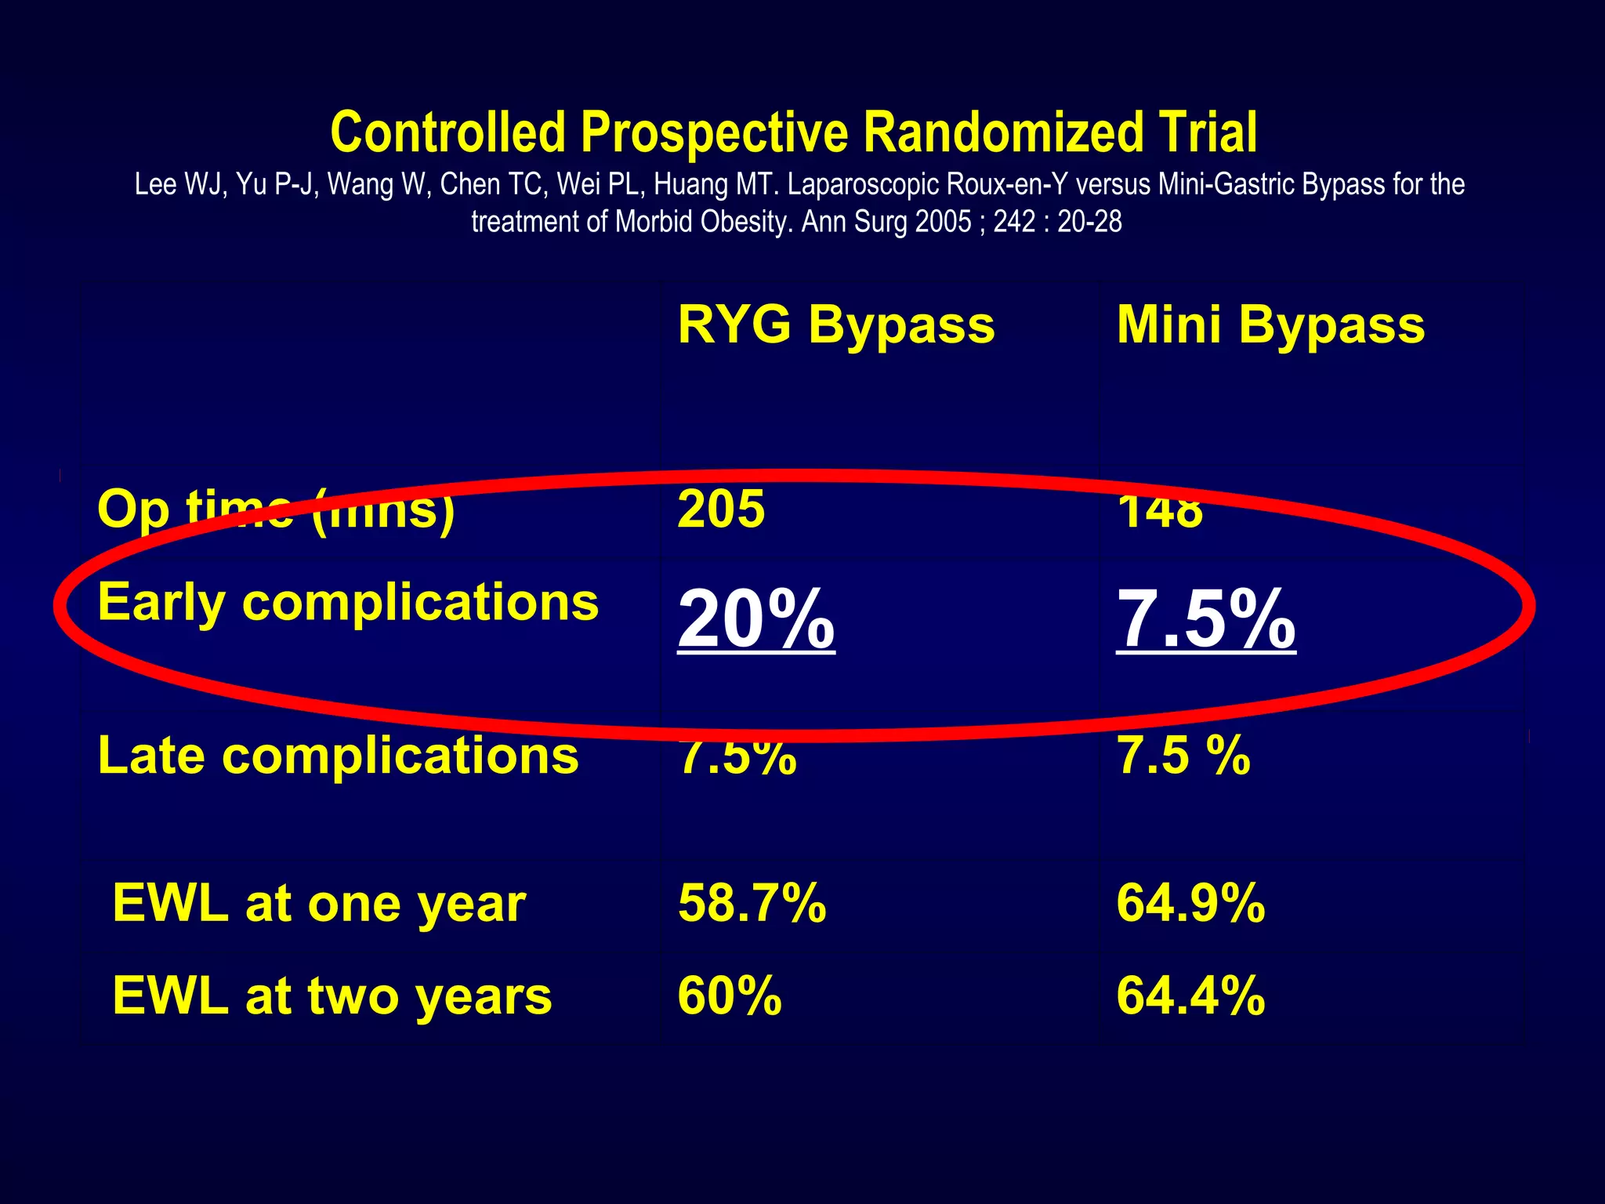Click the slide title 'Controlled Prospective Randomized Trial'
(x=793, y=132)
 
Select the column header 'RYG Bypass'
(x=835, y=325)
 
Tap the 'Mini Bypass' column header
(x=1270, y=325)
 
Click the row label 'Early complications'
(x=348, y=602)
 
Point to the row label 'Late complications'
(x=338, y=756)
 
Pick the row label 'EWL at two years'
(x=332, y=995)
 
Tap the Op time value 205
(x=721, y=510)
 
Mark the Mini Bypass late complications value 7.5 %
(x=1183, y=756)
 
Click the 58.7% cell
(x=752, y=903)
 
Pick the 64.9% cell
(x=1190, y=903)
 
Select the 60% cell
(x=730, y=995)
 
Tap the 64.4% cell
(x=1190, y=995)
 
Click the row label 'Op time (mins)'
(x=276, y=510)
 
